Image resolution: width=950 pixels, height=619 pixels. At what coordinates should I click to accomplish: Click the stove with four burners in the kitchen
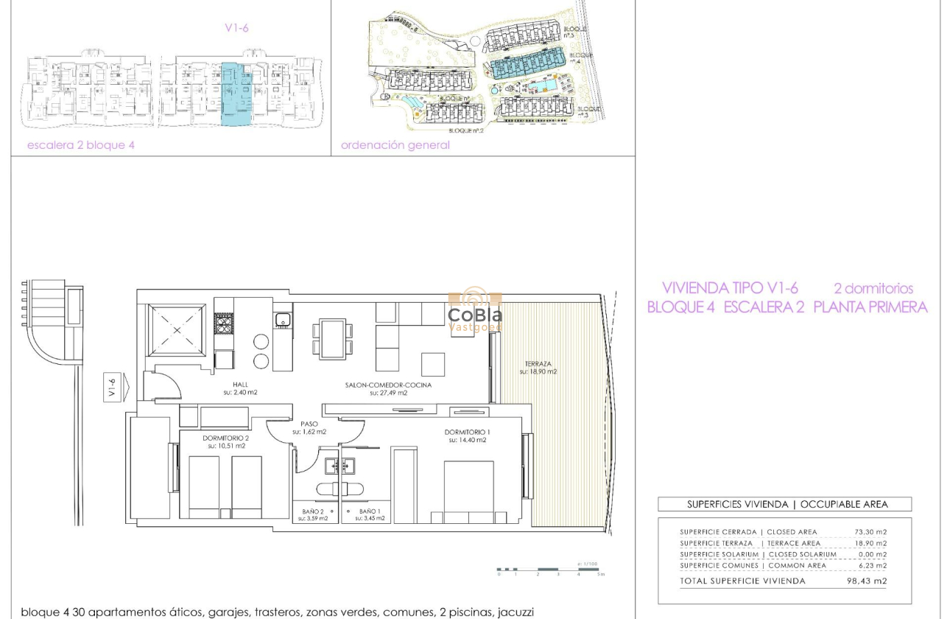(224, 324)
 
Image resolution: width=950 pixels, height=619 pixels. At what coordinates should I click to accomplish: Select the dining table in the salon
(333, 338)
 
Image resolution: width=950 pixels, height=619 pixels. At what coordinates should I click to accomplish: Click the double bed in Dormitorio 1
(468, 490)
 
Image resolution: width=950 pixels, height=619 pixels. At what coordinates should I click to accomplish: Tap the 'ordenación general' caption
(395, 145)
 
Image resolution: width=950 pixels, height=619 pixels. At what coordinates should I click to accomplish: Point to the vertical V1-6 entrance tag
(112, 388)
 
